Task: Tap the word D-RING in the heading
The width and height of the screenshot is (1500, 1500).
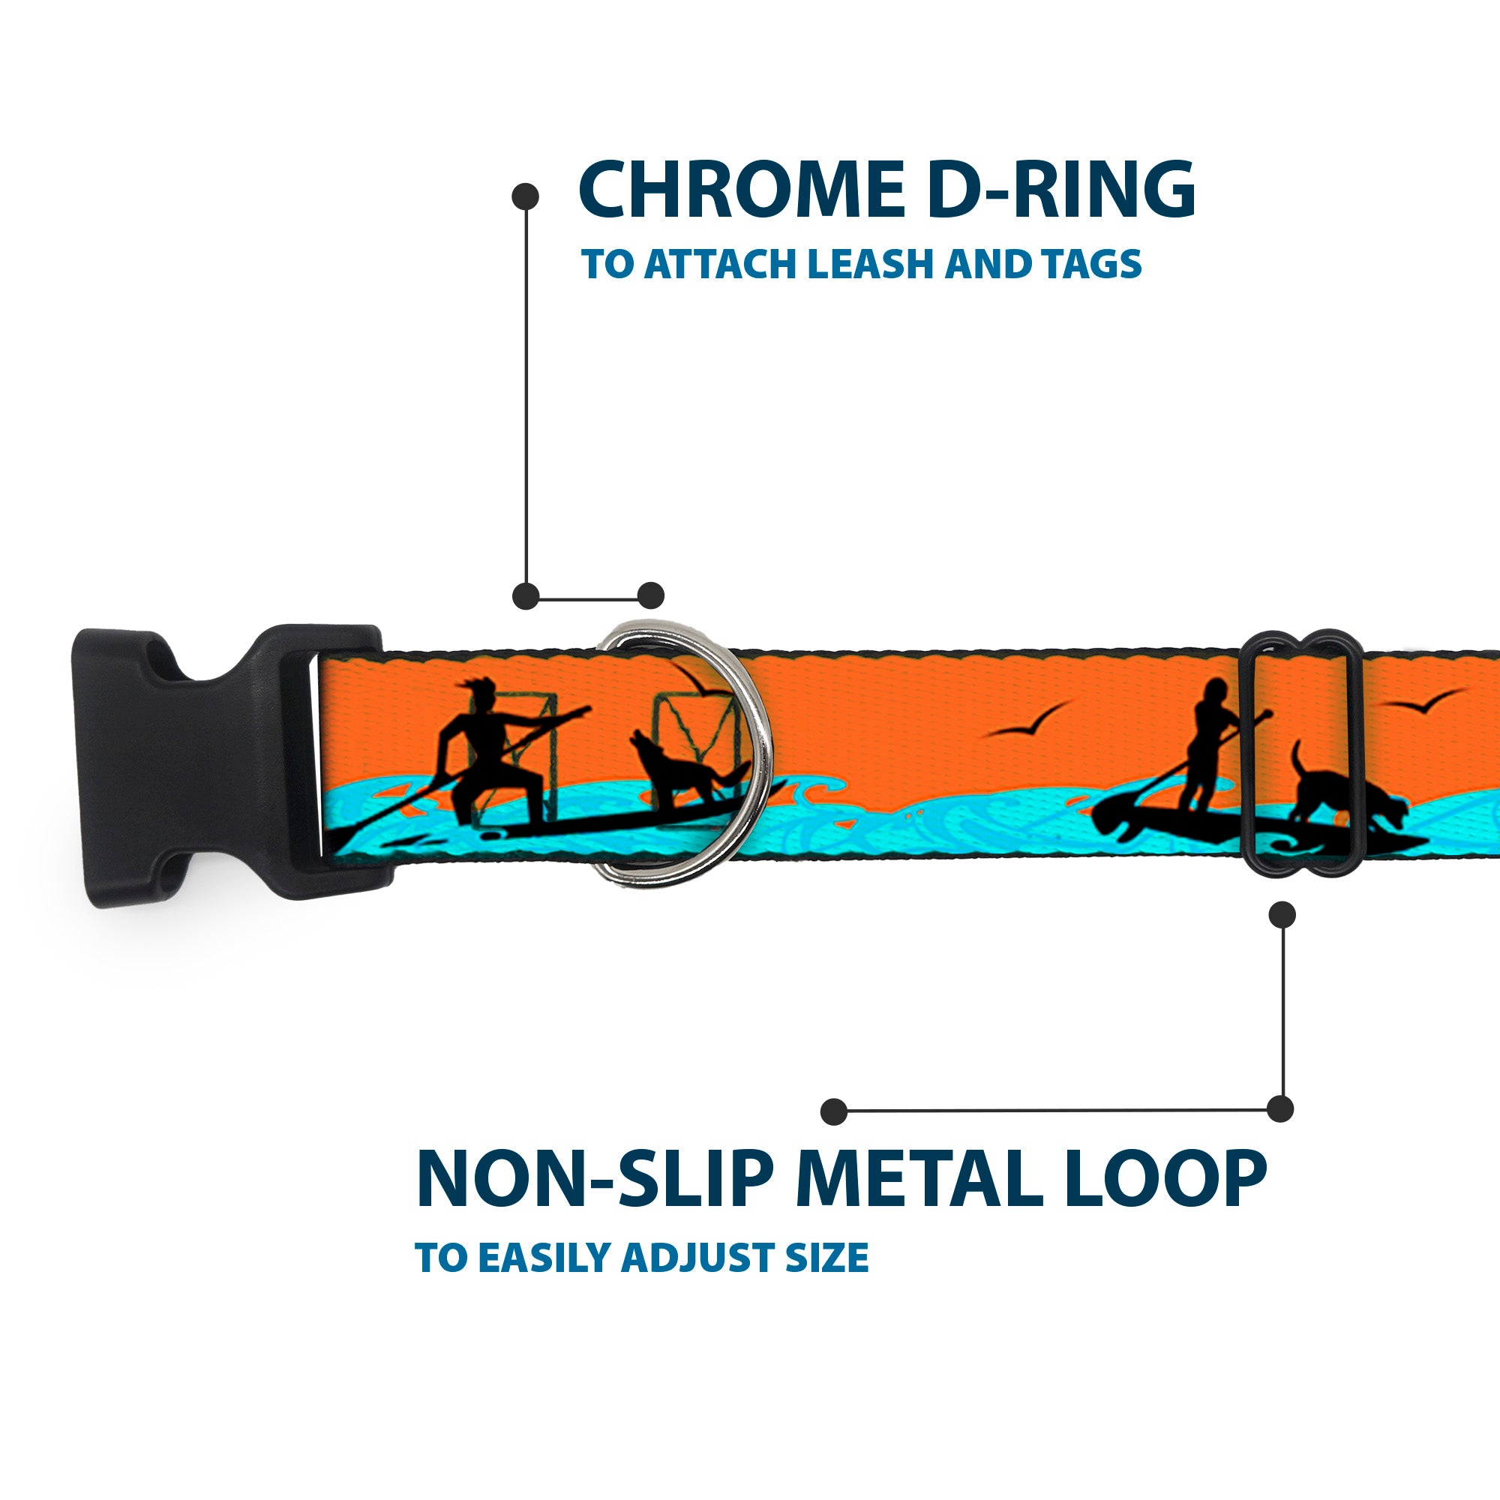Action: click(1059, 190)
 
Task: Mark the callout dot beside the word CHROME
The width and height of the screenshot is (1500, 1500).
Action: click(526, 196)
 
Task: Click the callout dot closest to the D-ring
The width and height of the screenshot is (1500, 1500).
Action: click(650, 595)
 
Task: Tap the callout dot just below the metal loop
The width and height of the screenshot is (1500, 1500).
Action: click(1282, 914)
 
